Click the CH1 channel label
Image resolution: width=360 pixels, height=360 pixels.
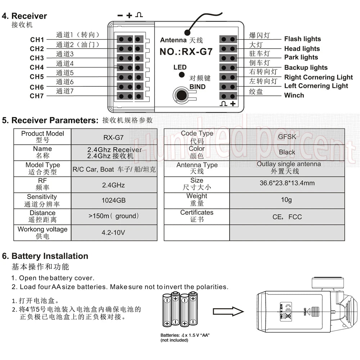point(37,40)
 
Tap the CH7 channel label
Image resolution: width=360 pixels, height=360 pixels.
point(37,96)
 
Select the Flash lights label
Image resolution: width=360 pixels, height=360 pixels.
point(302,39)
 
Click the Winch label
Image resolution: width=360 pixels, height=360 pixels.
point(294,95)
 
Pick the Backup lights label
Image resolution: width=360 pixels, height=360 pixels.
point(306,67)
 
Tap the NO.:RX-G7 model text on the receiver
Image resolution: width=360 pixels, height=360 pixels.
point(186,51)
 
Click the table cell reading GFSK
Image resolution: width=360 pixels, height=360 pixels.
point(287,136)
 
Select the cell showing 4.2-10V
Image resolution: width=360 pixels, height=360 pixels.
point(113,233)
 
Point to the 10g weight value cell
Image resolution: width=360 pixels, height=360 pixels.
point(287,200)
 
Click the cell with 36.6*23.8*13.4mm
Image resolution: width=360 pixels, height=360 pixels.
point(287,183)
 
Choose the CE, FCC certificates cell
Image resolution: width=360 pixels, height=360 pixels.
point(287,217)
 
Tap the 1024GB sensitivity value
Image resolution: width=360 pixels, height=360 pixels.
point(114,200)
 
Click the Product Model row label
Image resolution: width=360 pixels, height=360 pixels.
point(42,137)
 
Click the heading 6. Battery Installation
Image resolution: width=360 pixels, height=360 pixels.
point(45,256)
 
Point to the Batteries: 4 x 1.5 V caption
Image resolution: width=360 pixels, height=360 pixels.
point(185,336)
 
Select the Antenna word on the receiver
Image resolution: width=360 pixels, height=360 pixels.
point(173,40)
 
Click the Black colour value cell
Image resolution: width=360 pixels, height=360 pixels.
point(287,152)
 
